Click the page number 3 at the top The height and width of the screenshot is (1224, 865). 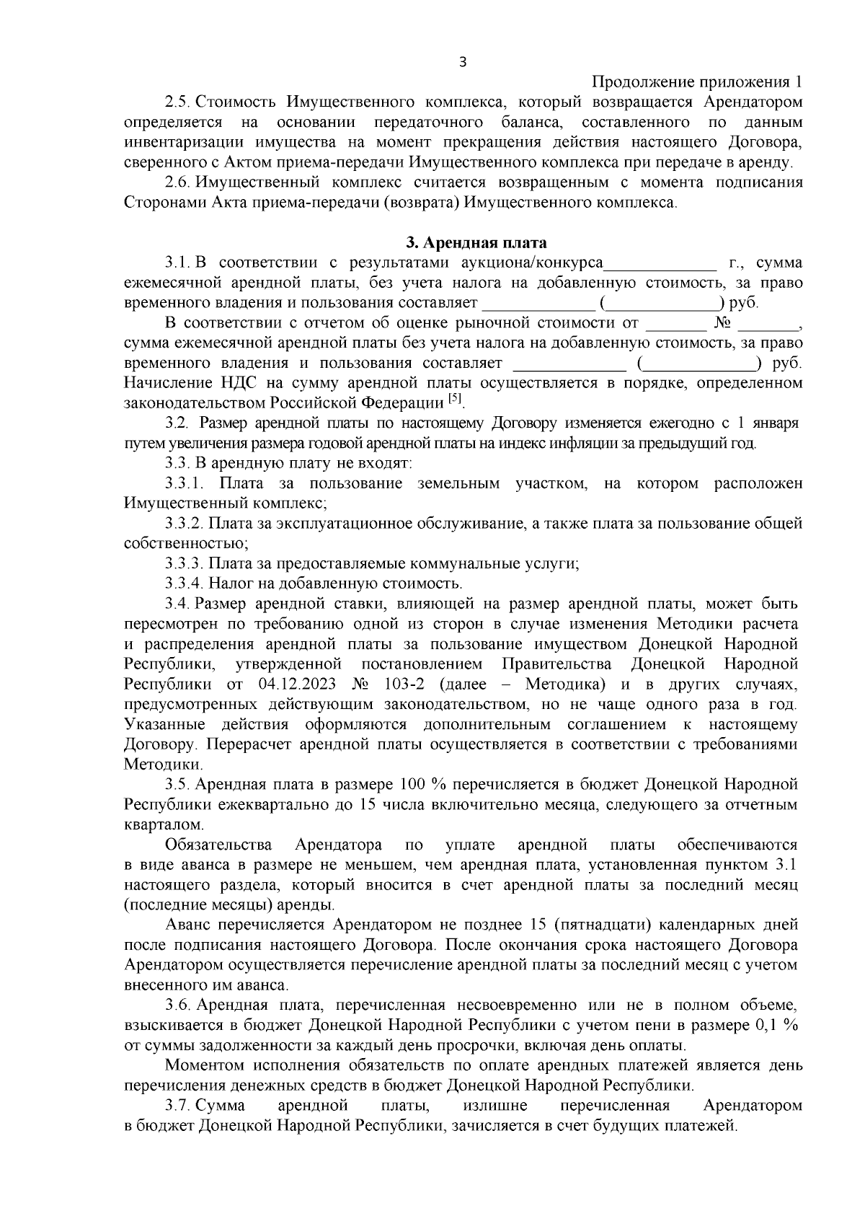(x=462, y=63)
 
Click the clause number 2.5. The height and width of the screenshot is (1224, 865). (x=177, y=102)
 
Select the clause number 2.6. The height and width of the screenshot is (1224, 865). (x=177, y=182)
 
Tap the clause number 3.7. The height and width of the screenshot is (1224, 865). (x=177, y=1106)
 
